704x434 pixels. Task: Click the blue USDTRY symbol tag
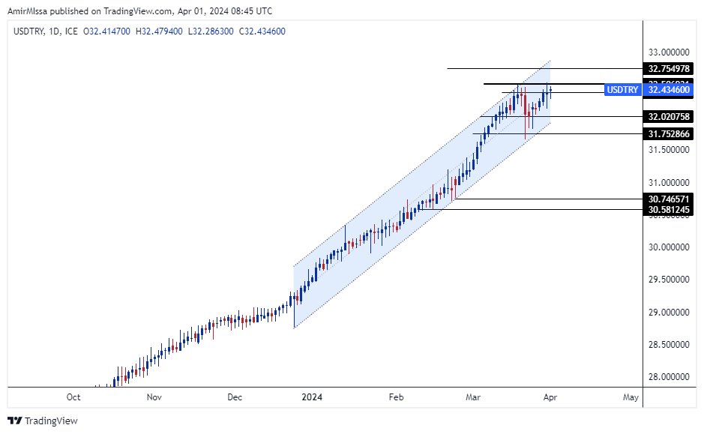pyautogui.click(x=622, y=90)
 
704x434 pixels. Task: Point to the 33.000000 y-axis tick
pyautogui.click(x=670, y=52)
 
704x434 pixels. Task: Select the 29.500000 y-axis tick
pyautogui.click(x=670, y=280)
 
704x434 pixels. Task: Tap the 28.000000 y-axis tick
pyautogui.click(x=670, y=377)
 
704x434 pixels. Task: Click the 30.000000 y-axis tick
pyautogui.click(x=670, y=247)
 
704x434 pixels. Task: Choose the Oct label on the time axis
pyautogui.click(x=73, y=397)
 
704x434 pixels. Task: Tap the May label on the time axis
pyautogui.click(x=631, y=397)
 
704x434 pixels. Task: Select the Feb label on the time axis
pyautogui.click(x=397, y=397)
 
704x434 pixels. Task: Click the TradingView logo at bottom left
pyautogui.click(x=43, y=421)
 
